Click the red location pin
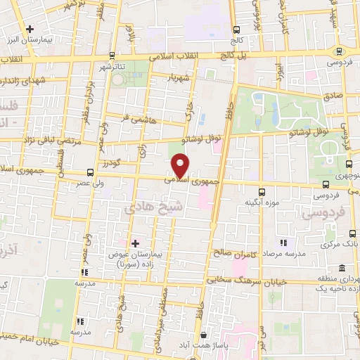click(181, 165)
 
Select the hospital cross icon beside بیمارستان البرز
click(30, 29)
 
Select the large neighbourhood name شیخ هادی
click(149, 209)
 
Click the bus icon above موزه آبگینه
click(262, 191)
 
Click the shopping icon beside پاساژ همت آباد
click(203, 334)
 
